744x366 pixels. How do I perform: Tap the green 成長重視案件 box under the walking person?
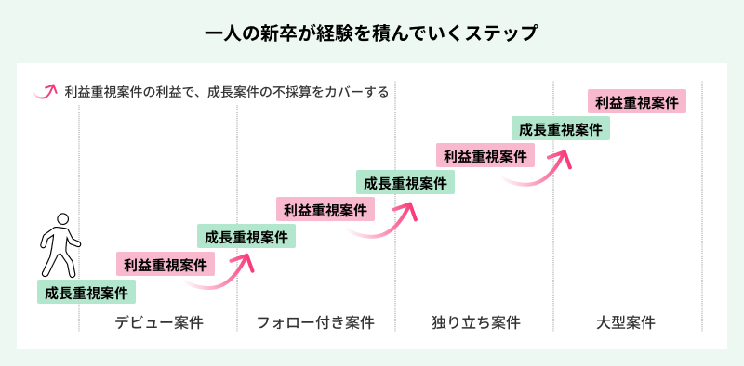[86, 293]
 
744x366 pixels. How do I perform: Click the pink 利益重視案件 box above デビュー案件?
[166, 265]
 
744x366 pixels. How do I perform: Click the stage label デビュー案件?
[158, 322]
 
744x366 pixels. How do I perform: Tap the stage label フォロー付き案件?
[316, 322]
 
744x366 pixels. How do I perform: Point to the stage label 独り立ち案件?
[475, 322]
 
